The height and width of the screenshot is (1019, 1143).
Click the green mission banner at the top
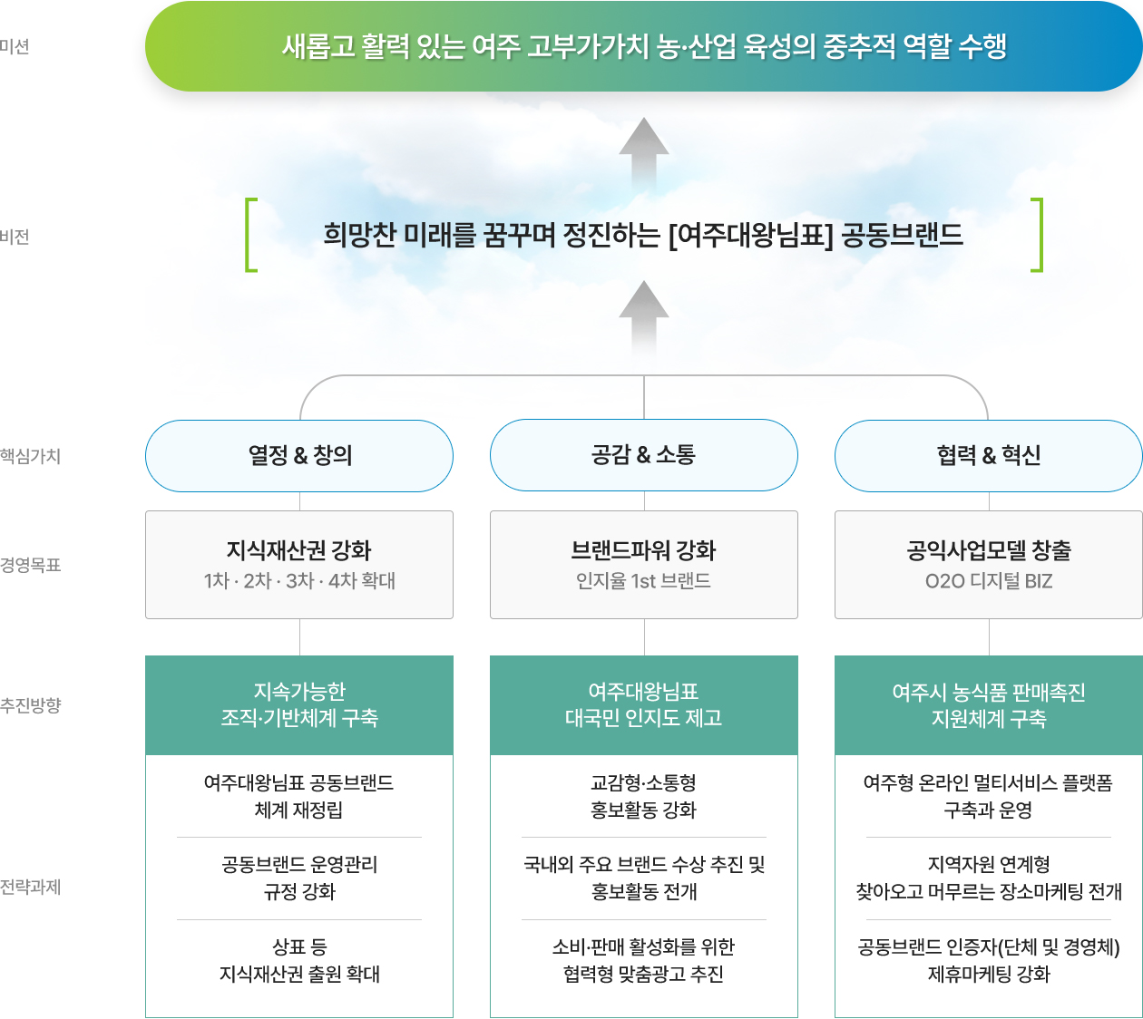click(x=643, y=46)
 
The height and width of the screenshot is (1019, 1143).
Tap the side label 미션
click(x=15, y=46)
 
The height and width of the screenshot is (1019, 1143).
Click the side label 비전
click(x=15, y=237)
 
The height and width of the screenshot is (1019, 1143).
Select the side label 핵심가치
click(x=30, y=456)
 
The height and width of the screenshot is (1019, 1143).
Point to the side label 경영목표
click(x=30, y=565)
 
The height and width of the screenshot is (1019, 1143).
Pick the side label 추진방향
click(x=30, y=705)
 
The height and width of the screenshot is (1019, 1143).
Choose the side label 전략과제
click(x=30, y=887)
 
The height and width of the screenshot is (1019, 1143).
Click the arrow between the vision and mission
click(x=644, y=152)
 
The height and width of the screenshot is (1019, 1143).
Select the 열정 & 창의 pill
click(x=299, y=456)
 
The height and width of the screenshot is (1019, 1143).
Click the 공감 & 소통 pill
click(x=644, y=454)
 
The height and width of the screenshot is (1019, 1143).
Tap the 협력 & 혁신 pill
click(x=989, y=456)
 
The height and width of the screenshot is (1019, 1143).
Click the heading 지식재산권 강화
click(x=299, y=550)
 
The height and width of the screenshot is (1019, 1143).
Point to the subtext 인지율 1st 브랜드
click(x=643, y=581)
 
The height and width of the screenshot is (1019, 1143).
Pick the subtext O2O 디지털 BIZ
click(x=989, y=581)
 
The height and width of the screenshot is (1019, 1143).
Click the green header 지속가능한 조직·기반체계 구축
click(x=299, y=705)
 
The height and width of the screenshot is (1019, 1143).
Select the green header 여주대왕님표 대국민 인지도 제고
click(x=644, y=705)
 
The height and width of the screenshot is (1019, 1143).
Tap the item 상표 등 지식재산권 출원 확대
click(x=299, y=960)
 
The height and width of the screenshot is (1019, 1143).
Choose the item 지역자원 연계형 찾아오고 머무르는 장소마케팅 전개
click(x=989, y=878)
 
